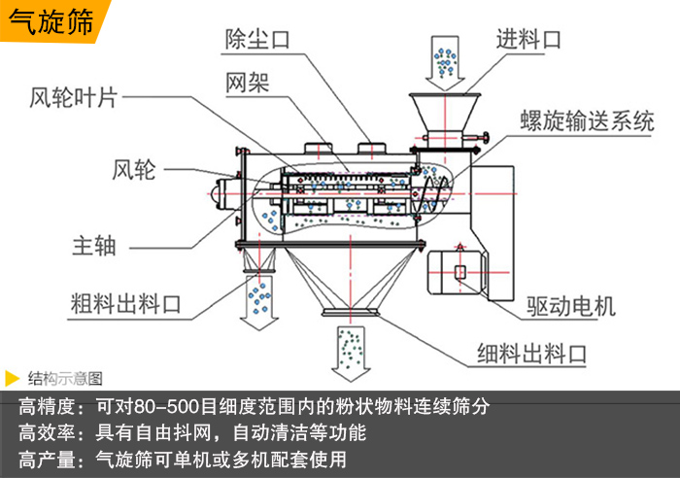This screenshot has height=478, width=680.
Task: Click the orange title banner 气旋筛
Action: pyautogui.click(x=50, y=21)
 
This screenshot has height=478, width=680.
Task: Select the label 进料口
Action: pyautogui.click(x=529, y=40)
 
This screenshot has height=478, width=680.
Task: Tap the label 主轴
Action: pyautogui.click(x=93, y=245)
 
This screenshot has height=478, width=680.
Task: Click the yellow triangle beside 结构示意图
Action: pyautogui.click(x=12, y=377)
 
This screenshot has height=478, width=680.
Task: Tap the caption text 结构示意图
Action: pyautogui.click(x=65, y=378)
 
